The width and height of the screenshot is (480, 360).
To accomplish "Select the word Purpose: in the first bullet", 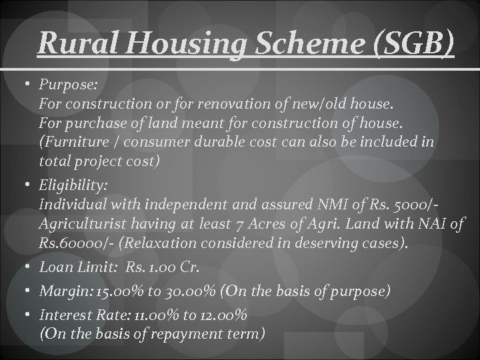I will pos(69,86).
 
